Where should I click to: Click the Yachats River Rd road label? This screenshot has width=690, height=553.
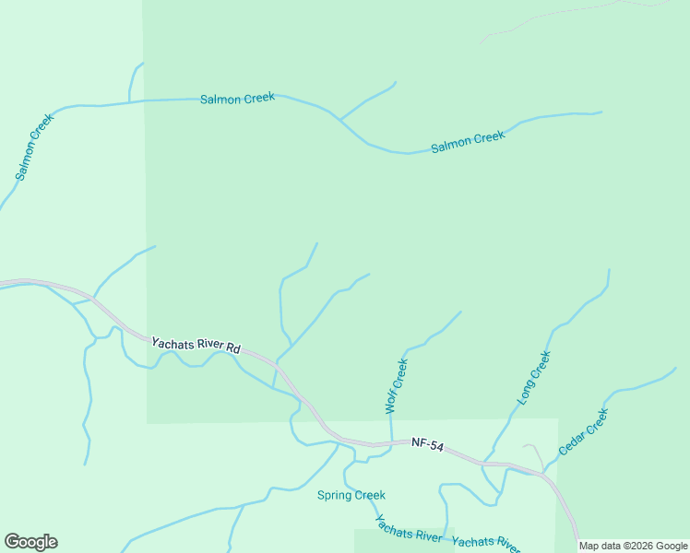click(196, 345)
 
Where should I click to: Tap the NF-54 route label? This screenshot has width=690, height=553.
click(429, 447)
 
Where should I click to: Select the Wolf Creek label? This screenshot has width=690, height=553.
click(396, 386)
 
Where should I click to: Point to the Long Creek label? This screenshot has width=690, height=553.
click(534, 378)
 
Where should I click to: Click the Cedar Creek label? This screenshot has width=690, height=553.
click(584, 432)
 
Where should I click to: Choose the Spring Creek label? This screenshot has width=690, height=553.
click(351, 496)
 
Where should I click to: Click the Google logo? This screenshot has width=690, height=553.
click(30, 542)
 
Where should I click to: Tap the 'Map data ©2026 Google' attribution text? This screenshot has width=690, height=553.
click(633, 546)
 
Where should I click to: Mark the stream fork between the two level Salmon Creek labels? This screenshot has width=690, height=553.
click(339, 120)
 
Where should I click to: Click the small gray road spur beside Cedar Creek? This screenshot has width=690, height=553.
click(535, 453)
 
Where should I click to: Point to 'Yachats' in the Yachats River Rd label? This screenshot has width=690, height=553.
click(171, 340)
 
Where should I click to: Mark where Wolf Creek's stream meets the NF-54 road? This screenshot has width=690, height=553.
click(391, 443)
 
